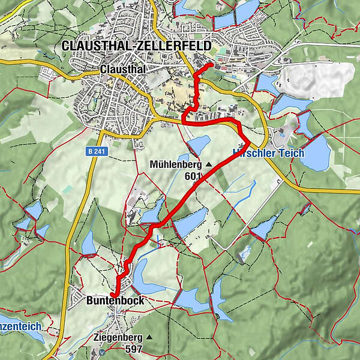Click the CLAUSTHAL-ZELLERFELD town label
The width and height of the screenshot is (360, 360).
(x=136, y=46)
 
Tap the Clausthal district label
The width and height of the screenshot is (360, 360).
(x=123, y=70)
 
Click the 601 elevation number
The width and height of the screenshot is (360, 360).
(x=193, y=176)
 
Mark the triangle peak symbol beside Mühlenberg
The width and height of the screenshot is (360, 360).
(x=208, y=164)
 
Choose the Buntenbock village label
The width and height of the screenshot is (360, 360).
(x=115, y=301)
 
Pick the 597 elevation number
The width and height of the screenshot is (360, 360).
(x=134, y=349)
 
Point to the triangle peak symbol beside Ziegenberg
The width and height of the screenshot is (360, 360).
(x=149, y=338)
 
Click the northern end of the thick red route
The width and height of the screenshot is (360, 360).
(x=211, y=65)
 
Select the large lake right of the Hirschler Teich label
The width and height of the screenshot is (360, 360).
(x=316, y=152)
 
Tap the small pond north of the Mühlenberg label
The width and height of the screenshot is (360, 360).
(x=199, y=145)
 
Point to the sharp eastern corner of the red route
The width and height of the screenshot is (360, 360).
(x=248, y=142)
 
